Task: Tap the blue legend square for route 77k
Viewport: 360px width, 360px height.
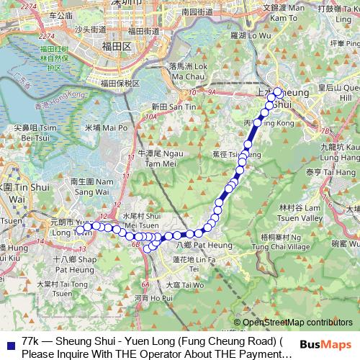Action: pos(9,341)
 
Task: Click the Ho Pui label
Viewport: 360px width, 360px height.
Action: pos(153,296)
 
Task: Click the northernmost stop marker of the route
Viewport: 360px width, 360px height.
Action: pos(277,91)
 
